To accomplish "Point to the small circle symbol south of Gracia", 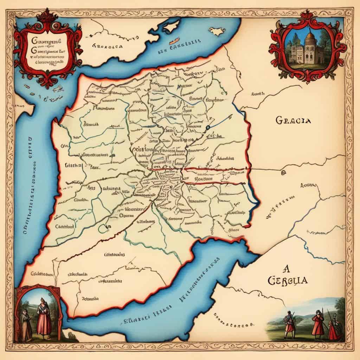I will tap(283, 172).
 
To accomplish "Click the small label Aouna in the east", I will tap(308, 185).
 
